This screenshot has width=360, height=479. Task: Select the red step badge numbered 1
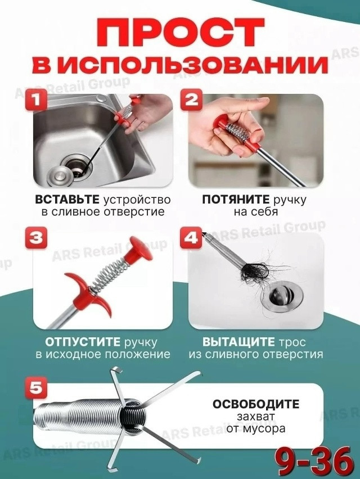(x=35, y=102)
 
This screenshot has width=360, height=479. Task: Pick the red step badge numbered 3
(x=35, y=238)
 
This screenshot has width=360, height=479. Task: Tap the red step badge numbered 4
(x=191, y=238)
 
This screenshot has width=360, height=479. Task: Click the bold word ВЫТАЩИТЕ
(x=231, y=342)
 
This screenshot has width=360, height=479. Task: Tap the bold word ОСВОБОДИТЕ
(x=256, y=405)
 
